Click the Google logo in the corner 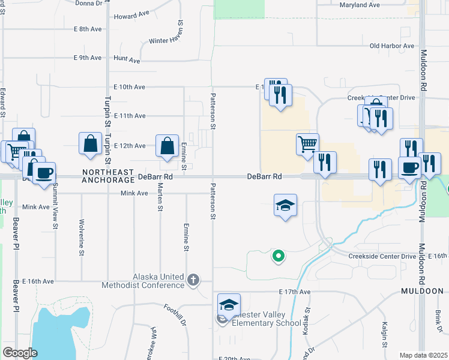(20, 353)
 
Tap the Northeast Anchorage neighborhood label (108, 175)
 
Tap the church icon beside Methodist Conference (193, 280)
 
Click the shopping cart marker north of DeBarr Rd (307, 144)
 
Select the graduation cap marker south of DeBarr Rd (285, 205)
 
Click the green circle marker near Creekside (278, 257)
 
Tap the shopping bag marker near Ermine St (167, 146)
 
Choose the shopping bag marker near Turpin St (90, 144)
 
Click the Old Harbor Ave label (392, 46)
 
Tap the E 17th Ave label (295, 292)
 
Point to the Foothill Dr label (175, 313)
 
